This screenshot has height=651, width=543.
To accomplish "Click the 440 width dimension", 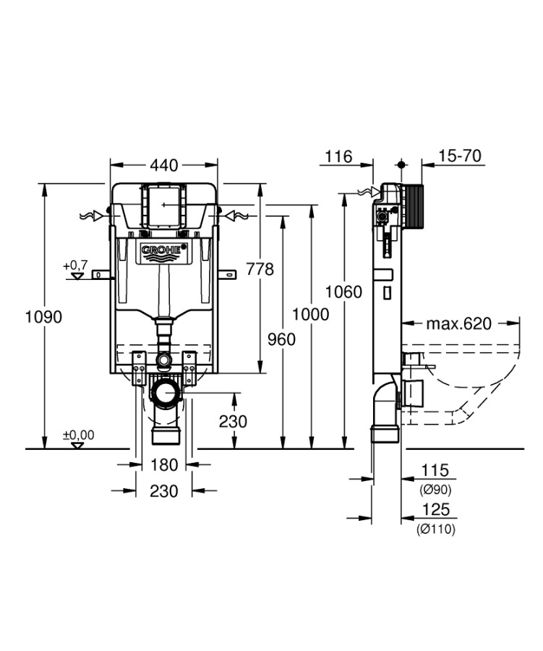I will coord(163,166).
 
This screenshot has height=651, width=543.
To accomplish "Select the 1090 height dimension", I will coord(43,316).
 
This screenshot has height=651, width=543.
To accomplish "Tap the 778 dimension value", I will coord(260,269).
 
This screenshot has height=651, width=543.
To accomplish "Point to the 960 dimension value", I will coord(281,338).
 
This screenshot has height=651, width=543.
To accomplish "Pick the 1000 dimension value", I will coord(311,314).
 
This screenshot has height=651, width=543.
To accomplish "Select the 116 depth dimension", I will coord(338,156).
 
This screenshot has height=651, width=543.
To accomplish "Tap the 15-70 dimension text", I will coord(460,156).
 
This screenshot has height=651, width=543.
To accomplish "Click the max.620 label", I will coord(458,323).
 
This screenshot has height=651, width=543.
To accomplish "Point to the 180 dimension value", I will coord(164,464).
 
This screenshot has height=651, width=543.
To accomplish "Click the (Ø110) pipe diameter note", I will coord(435,529).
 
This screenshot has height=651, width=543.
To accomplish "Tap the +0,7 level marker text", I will coord(75,266).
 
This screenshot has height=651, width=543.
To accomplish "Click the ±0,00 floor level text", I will coord(78,435).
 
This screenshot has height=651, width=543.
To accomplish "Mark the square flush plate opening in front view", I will coord(163,205).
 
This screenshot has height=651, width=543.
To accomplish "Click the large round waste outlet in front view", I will coord(166,395).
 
